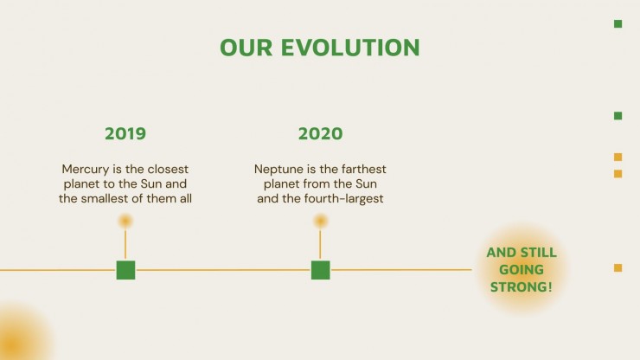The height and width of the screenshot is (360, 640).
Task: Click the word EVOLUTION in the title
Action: click(350, 48)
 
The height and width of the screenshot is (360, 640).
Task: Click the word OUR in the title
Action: click(246, 48)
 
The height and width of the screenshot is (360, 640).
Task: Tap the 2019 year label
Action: click(125, 133)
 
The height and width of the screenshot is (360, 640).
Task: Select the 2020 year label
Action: click(320, 133)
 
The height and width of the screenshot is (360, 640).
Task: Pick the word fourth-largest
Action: click(343, 198)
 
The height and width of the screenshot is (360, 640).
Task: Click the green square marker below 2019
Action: click(125, 270)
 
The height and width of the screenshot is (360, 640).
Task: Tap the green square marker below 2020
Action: click(320, 270)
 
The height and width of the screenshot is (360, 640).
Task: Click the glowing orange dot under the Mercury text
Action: click(125, 221)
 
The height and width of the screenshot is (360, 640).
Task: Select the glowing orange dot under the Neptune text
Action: click(320, 221)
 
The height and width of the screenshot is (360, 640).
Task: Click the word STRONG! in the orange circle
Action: click(522, 286)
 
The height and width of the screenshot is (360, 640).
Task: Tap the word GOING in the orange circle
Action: click(522, 270)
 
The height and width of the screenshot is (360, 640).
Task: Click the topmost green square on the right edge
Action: click(618, 23)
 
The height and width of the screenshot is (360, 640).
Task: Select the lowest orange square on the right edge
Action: click(618, 267)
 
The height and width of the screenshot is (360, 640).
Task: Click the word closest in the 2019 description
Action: click(168, 169)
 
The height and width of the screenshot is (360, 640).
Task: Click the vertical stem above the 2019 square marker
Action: click(125, 244)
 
